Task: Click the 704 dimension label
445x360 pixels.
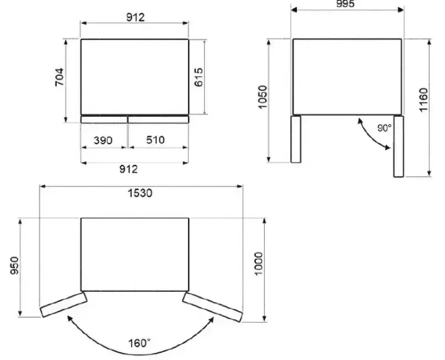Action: click(60, 77)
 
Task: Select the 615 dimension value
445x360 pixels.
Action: click(199, 77)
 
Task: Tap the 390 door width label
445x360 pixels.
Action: click(103, 140)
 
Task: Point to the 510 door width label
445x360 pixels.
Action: click(155, 140)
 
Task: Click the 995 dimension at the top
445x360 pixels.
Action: click(345, 4)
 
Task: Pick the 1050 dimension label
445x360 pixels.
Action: click(263, 97)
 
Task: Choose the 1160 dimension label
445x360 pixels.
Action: click(423, 100)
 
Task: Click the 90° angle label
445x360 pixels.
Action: click(385, 128)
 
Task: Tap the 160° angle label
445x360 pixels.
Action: click(139, 343)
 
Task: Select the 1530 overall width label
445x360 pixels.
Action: click(140, 193)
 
